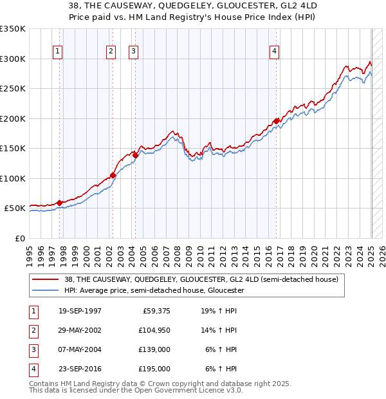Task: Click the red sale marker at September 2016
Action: pos(277,121)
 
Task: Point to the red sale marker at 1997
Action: pos(60,203)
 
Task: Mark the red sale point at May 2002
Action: pos(113,175)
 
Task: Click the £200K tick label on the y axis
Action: pos(13,118)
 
